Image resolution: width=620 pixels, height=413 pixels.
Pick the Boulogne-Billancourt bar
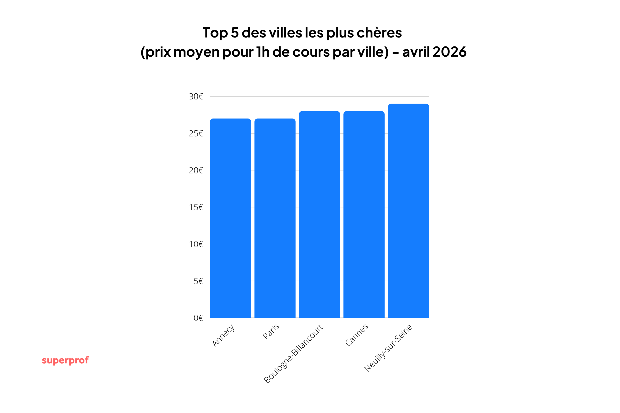[x=319, y=214]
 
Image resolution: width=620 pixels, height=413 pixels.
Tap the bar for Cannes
[x=364, y=214]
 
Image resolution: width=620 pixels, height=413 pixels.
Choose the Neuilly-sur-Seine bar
[x=408, y=211]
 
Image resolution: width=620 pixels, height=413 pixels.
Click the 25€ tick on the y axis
[x=196, y=134]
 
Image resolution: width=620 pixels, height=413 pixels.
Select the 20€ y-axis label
[x=196, y=170]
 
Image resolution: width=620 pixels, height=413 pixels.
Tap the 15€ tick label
[x=196, y=207]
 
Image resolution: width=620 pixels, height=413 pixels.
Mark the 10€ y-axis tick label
[x=196, y=244]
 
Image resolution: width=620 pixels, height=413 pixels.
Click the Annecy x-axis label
[x=223, y=335]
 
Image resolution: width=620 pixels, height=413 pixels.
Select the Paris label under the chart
[x=271, y=332]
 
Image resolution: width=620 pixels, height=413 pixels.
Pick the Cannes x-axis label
[x=357, y=335]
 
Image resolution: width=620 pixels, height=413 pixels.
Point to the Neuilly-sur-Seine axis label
[x=388, y=348]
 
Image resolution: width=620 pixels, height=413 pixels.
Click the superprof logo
[x=65, y=360]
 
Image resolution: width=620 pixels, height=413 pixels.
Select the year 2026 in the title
[x=449, y=52]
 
